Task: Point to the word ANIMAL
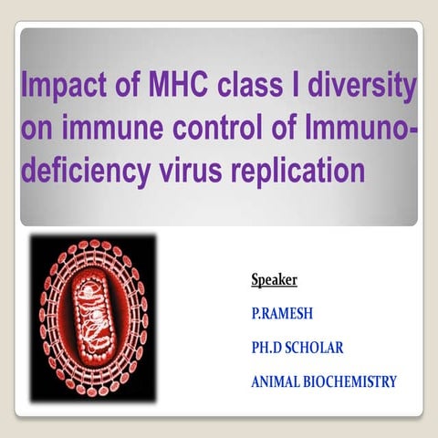pyautogui.click(x=279, y=381)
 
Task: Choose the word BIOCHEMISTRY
pyautogui.click(x=355, y=381)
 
